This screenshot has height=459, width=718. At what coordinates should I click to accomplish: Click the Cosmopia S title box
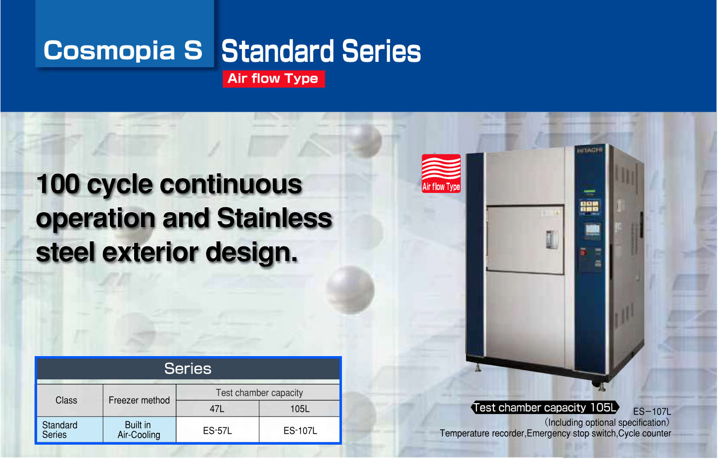pyautogui.click(x=125, y=34)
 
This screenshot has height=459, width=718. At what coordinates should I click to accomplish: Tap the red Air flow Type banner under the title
pyautogui.click(x=274, y=79)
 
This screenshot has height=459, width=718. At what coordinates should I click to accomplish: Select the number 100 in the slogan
pyautogui.click(x=58, y=184)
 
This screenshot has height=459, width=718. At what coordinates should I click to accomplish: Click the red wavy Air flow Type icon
pyautogui.click(x=441, y=173)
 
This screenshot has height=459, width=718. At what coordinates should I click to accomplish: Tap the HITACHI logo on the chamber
pyautogui.click(x=589, y=150)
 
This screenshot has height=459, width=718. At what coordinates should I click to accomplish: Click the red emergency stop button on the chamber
pyautogui.click(x=583, y=253)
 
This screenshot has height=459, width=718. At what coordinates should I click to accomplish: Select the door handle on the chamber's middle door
pyautogui.click(x=551, y=239)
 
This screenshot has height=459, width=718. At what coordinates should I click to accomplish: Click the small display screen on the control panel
pyautogui.click(x=592, y=229)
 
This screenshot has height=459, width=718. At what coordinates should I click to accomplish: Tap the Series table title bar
pyautogui.click(x=188, y=368)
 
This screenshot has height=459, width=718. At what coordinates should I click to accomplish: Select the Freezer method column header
pyautogui.click(x=140, y=400)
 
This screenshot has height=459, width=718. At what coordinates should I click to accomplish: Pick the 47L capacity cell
pyautogui.click(x=217, y=409)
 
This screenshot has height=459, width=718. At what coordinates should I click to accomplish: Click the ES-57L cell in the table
pyautogui.click(x=217, y=430)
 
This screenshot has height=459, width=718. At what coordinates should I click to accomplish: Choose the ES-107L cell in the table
pyautogui.click(x=300, y=430)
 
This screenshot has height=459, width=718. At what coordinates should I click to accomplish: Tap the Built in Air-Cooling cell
pyautogui.click(x=140, y=430)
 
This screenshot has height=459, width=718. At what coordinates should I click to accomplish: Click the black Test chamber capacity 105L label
pyautogui.click(x=545, y=408)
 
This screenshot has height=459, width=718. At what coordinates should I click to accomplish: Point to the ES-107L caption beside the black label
pyautogui.click(x=652, y=412)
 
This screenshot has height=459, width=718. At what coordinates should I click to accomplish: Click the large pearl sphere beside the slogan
pyautogui.click(x=350, y=289)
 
